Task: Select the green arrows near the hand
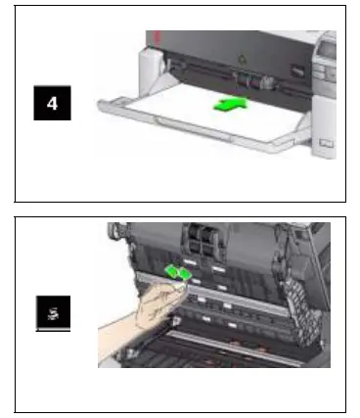(176, 274)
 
